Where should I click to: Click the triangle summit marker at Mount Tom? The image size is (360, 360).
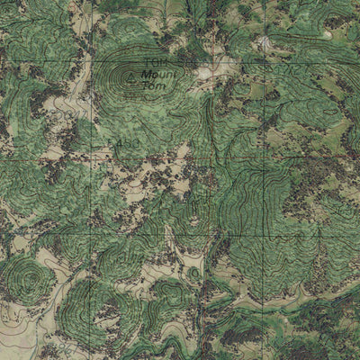132,79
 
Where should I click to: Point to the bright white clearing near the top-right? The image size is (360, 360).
264,42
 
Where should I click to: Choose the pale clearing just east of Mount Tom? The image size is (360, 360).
212,70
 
